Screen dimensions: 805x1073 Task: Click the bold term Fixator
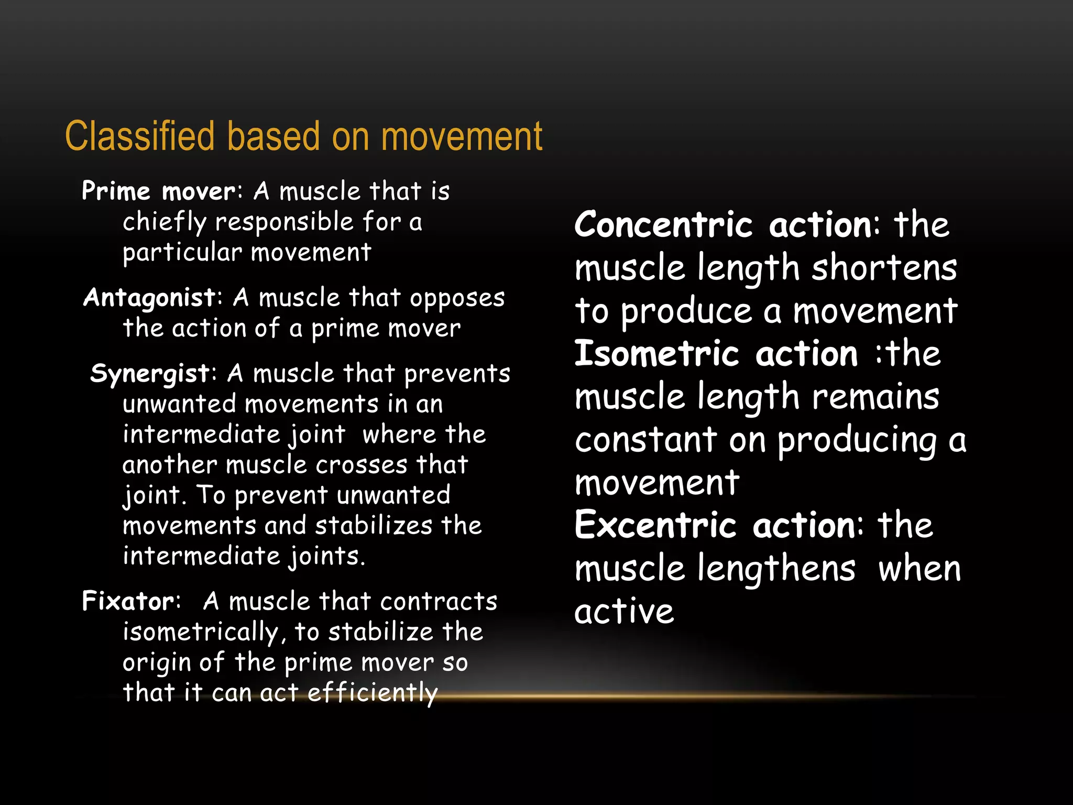click(129, 601)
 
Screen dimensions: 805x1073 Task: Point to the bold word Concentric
click(663, 225)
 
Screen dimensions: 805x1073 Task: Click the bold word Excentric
click(655, 525)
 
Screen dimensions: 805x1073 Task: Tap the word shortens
click(884, 268)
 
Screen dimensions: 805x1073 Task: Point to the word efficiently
click(372, 693)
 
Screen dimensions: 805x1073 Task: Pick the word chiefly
click(165, 222)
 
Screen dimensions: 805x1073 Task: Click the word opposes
click(457, 298)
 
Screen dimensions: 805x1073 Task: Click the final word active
click(623, 612)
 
